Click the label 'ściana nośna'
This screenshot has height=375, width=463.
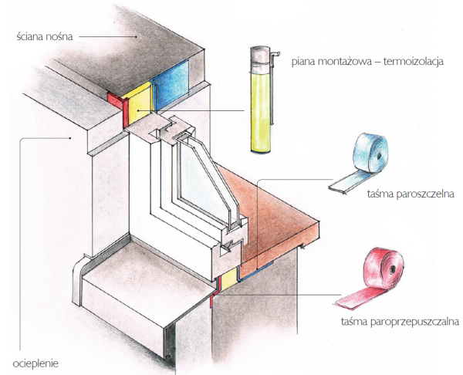click(x=45, y=36)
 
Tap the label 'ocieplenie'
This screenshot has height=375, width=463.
click(x=35, y=363)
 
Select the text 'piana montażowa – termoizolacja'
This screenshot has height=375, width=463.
click(x=367, y=62)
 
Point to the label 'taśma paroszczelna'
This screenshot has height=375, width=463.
click(x=411, y=194)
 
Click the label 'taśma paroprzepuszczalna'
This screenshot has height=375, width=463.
click(x=400, y=321)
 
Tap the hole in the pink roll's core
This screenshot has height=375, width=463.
click(x=392, y=269)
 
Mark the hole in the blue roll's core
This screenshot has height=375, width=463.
click(x=378, y=155)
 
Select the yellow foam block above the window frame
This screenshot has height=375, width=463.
click(x=140, y=103)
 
